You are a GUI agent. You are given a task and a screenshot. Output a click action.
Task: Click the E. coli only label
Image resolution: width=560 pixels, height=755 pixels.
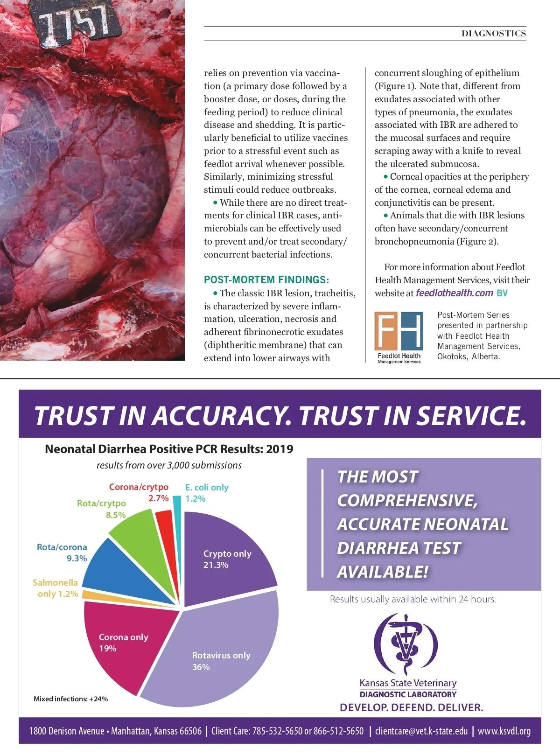pos(206,488)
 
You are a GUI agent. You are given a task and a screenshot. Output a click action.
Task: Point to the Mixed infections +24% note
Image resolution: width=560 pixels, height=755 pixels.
pos(70,699)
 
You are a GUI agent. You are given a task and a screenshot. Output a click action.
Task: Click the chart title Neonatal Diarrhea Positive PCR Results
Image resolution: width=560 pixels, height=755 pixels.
pos(169,449)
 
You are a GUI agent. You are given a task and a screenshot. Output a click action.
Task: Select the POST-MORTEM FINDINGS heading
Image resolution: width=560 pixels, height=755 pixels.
pos(266,280)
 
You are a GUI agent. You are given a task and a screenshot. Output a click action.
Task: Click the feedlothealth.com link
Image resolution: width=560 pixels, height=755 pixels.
pos(454,293)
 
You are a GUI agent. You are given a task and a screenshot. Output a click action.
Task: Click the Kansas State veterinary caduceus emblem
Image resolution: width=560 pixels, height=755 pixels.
pos(406,644)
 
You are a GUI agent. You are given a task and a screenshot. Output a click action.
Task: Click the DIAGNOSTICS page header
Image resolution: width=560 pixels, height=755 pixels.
pos(494,34)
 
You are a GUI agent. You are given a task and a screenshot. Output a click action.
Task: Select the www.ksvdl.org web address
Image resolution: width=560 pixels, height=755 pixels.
pos(504,731)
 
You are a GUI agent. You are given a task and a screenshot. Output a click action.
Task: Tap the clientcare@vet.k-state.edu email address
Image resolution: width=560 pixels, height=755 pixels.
pos(421,731)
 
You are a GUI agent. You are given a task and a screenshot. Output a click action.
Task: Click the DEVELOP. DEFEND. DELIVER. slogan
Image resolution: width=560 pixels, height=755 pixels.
pos(411,707)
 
